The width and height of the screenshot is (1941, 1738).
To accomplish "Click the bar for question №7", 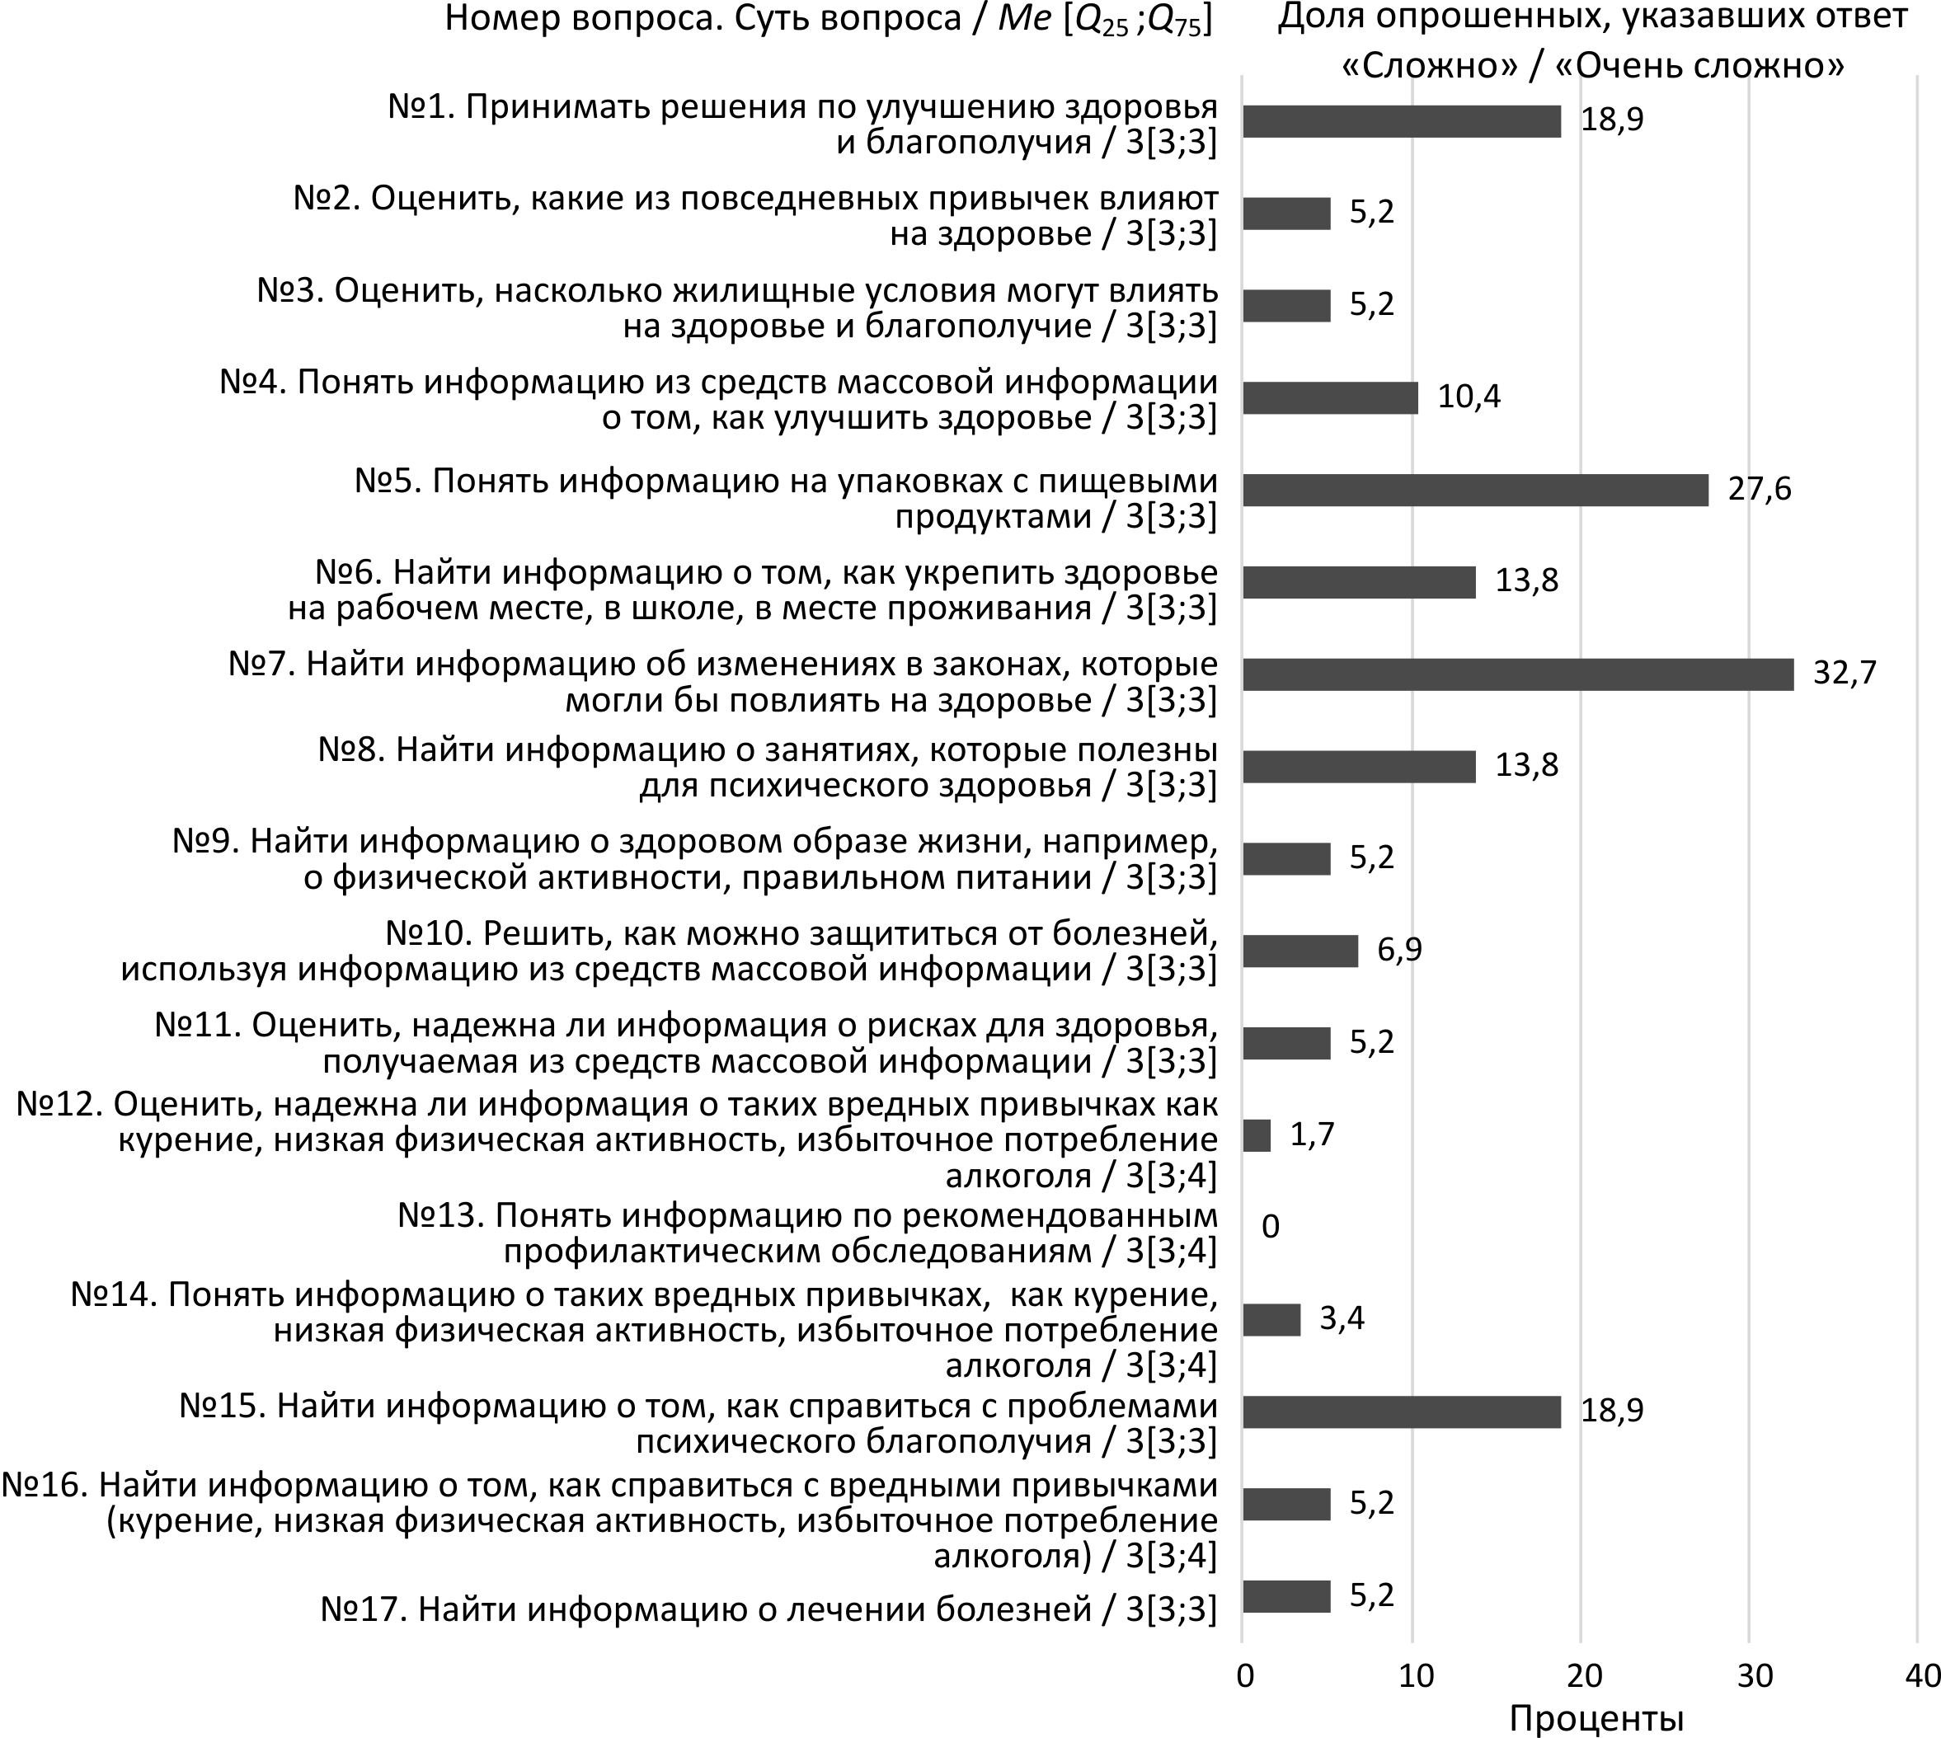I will tap(1517, 674).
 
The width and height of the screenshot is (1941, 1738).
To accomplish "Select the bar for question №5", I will tap(1475, 490).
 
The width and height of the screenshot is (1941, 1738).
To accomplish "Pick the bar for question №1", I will tap(1401, 121).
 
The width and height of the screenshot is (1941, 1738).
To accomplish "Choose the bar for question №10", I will tap(1300, 951).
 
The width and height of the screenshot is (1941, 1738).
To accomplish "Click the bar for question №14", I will tap(1271, 1320).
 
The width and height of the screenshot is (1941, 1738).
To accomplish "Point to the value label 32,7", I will tap(1845, 674).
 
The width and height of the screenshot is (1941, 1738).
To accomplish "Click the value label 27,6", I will tap(1760, 489).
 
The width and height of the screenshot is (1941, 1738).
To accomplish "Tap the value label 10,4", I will tap(1469, 397).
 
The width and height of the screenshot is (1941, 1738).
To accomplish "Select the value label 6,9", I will tap(1399, 950).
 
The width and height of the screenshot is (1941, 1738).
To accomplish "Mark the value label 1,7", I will tap(1313, 1134).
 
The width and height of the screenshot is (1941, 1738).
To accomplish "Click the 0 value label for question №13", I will tap(1270, 1226).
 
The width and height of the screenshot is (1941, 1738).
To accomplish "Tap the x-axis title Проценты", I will tap(1596, 1720).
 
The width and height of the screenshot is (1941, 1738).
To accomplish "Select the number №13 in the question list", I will tap(441, 1215).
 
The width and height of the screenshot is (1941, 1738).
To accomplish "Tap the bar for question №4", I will tap(1330, 397).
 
